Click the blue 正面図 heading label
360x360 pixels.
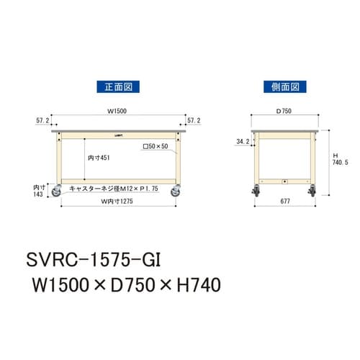click(x=117, y=87)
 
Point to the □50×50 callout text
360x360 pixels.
click(x=155, y=146)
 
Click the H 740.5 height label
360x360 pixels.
click(x=341, y=160)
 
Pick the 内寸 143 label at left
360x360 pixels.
click(x=39, y=191)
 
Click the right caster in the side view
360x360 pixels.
click(x=314, y=193)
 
